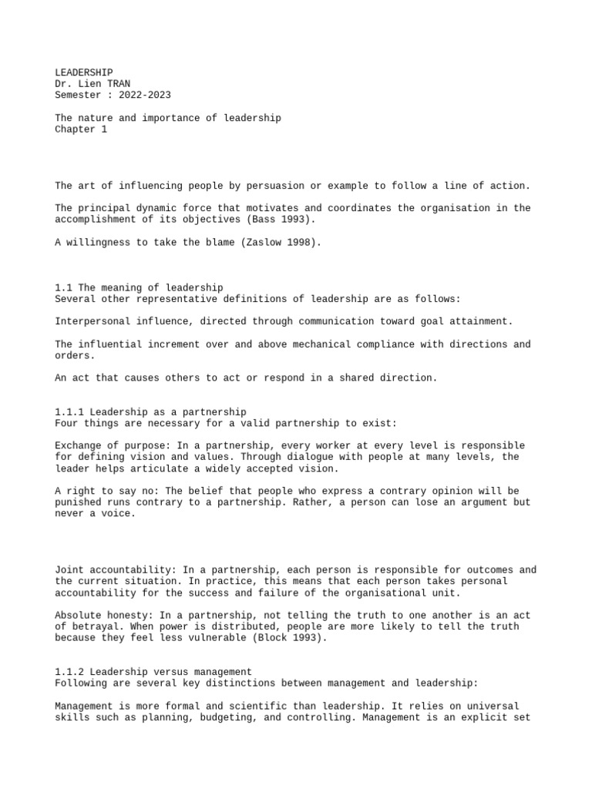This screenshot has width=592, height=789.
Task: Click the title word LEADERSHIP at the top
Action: [84, 72]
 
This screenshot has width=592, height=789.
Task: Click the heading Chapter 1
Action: [81, 129]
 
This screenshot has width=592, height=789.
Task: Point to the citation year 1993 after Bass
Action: [284, 220]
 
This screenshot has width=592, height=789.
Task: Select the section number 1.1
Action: [64, 288]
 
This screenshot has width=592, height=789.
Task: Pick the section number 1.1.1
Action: [69, 412]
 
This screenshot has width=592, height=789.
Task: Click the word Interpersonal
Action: [92, 321]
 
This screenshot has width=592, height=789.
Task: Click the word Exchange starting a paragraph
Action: [78, 445]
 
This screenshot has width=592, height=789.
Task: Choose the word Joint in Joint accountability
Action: [69, 570]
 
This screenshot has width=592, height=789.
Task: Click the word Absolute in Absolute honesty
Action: [78, 615]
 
